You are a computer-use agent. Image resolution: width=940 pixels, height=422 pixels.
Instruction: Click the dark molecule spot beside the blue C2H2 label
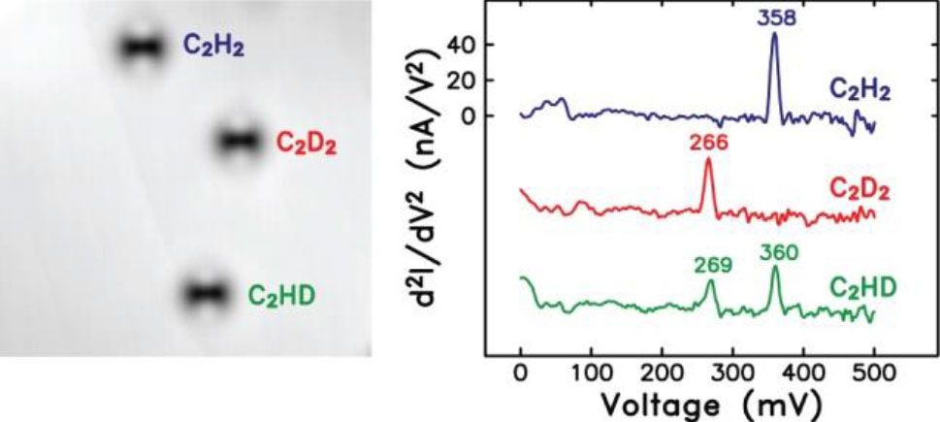point(143,48)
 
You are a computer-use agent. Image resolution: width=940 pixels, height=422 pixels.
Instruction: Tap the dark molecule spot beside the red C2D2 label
point(238,142)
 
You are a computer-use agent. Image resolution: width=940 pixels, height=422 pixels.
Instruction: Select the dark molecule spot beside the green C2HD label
point(206,292)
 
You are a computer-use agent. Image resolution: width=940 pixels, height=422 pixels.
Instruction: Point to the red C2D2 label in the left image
point(306,142)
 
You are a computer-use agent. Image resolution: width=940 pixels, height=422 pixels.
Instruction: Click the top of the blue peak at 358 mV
point(774,34)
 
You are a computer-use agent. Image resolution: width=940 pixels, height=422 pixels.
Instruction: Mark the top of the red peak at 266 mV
point(708,159)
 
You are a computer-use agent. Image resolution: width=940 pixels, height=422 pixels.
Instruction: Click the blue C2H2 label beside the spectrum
point(859,90)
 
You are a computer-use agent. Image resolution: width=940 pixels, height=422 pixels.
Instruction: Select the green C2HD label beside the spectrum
point(861,288)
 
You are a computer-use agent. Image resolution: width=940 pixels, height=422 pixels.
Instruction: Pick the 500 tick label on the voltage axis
point(874,373)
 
